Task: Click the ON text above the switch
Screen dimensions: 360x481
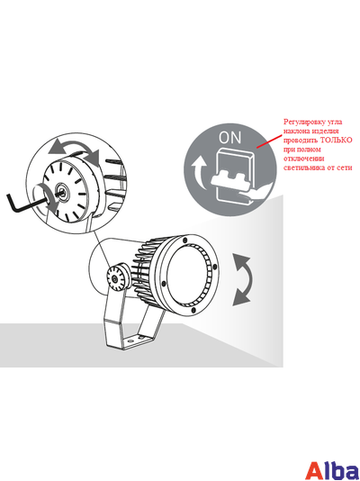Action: point(229,138)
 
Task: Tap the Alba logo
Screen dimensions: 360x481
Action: point(333,469)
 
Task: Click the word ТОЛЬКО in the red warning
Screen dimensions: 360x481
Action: point(337,140)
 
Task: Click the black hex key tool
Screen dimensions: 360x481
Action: point(29,202)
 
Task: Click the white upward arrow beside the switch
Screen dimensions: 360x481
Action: point(199,172)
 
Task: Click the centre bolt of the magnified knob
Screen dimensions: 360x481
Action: point(62,192)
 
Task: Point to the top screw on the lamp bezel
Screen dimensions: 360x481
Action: point(184,240)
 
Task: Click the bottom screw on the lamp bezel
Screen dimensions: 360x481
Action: point(193,311)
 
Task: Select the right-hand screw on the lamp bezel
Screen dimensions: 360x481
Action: point(214,267)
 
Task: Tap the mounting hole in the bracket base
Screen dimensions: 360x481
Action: point(130,340)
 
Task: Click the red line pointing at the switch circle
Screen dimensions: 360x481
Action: point(269,141)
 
